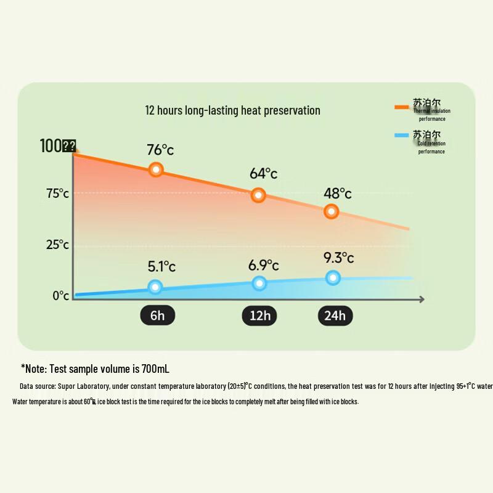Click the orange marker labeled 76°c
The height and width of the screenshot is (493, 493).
[x=156, y=169]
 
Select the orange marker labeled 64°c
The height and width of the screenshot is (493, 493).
[x=258, y=195]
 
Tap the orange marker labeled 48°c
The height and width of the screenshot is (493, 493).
[x=332, y=211]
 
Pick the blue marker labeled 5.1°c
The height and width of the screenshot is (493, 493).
[x=155, y=287]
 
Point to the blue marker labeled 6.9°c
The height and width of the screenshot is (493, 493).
[x=259, y=283]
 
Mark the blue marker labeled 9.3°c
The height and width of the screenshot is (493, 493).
[x=333, y=278]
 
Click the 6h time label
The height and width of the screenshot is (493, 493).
[x=158, y=316]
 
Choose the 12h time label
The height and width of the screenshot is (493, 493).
[x=259, y=316]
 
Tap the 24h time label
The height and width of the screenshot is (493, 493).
[x=335, y=316]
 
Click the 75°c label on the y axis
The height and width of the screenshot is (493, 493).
[x=58, y=194]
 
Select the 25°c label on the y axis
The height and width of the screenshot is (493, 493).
[x=58, y=245]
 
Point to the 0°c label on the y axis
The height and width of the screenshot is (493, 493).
[x=60, y=296]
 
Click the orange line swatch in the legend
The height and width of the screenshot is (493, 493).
[x=402, y=107]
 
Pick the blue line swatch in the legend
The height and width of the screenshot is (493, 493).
[x=402, y=136]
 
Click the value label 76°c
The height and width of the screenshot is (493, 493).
[x=160, y=150]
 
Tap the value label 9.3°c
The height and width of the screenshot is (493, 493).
[x=339, y=257]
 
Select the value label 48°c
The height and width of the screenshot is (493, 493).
[x=338, y=193]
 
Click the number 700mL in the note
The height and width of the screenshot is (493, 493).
[x=155, y=369]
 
